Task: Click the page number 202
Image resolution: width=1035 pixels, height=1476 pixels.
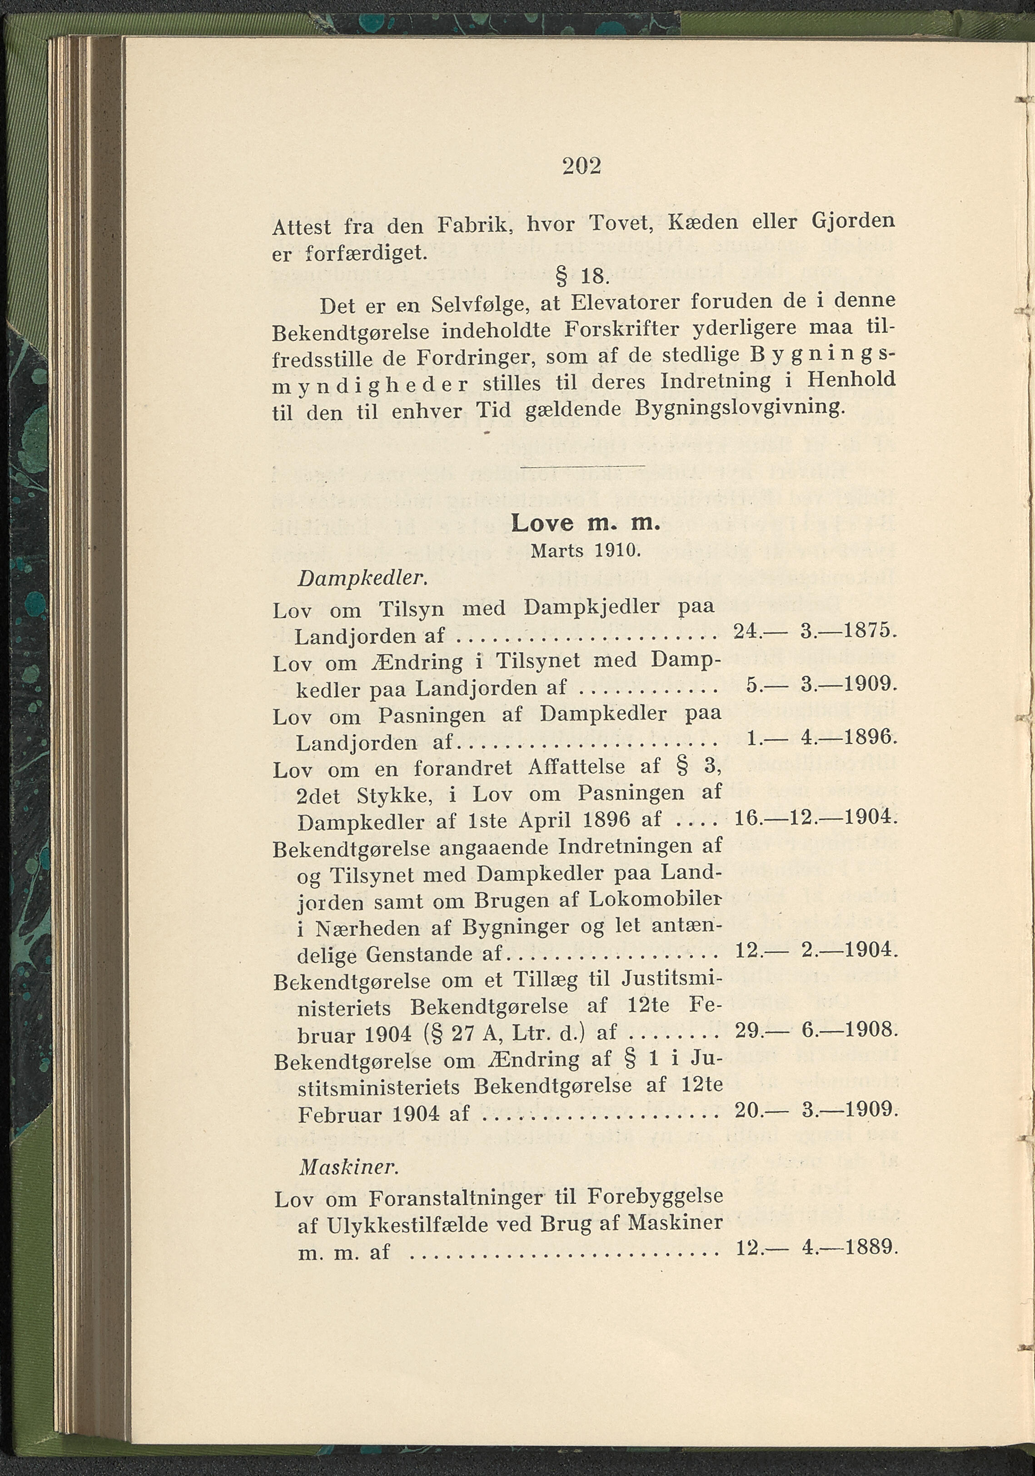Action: [x=582, y=167]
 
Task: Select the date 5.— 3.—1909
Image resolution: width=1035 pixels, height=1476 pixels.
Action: [x=820, y=685]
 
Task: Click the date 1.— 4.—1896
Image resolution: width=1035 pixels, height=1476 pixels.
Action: [x=820, y=737]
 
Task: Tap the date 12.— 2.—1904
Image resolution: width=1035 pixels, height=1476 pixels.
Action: [x=814, y=949]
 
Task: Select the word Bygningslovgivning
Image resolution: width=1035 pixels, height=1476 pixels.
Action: [x=738, y=408]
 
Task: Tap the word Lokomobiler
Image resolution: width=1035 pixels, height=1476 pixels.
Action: [x=656, y=899]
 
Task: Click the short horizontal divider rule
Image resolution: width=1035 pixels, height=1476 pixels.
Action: [x=582, y=466]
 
